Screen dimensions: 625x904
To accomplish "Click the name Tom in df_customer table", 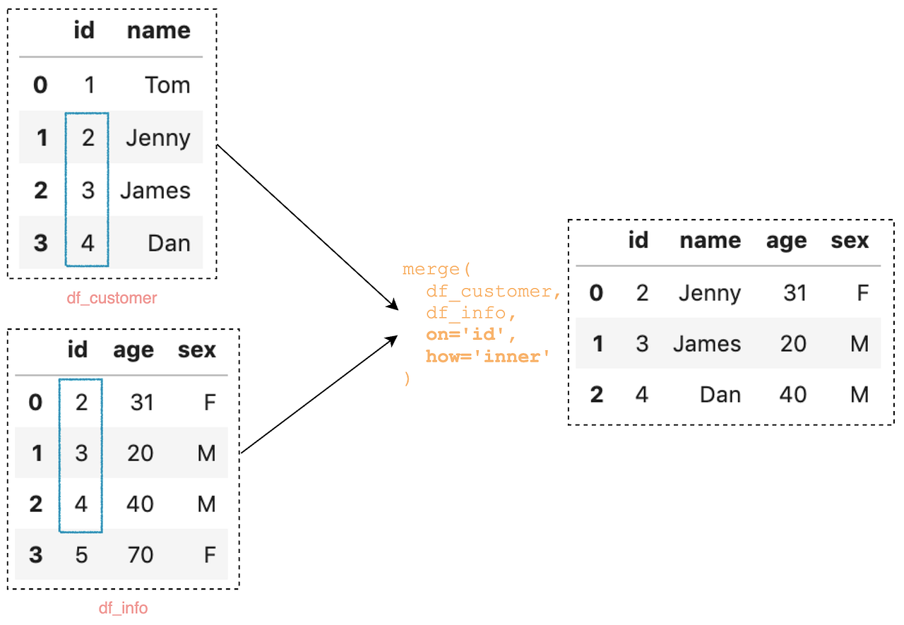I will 167,85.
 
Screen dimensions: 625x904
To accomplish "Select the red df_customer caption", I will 112,298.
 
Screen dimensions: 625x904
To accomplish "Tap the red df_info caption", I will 123,608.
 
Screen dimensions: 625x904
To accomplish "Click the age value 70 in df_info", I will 141,554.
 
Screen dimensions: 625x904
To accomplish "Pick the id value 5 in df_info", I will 81,554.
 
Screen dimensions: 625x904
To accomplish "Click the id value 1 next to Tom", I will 89,85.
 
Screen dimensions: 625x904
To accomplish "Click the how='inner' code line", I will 487,357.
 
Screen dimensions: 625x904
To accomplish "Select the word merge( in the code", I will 436,269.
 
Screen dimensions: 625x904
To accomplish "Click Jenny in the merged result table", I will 710,293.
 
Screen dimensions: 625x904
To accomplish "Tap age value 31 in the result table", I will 795,293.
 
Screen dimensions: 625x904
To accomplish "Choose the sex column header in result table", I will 850,241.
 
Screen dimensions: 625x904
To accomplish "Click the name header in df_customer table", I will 158,30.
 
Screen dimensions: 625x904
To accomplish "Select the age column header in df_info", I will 133,350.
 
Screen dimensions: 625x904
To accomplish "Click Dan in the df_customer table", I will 169,243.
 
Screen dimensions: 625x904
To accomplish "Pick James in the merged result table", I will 707,344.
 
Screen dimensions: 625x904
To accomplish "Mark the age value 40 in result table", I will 793,394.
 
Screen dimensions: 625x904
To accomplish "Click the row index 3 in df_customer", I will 41,243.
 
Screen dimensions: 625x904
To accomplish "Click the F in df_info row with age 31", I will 209,403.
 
